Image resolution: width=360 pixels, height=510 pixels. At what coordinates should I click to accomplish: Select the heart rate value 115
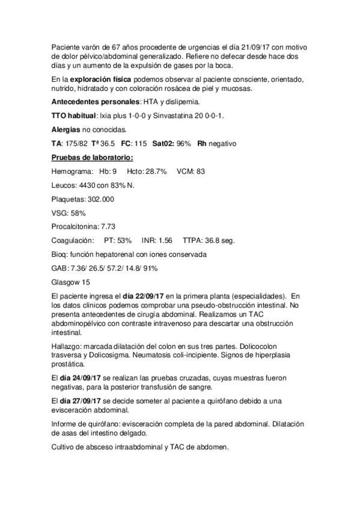(x=142, y=144)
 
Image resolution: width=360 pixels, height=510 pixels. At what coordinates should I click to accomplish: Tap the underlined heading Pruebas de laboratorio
(x=92, y=158)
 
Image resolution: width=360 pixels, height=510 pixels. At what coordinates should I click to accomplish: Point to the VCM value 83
(x=201, y=171)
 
